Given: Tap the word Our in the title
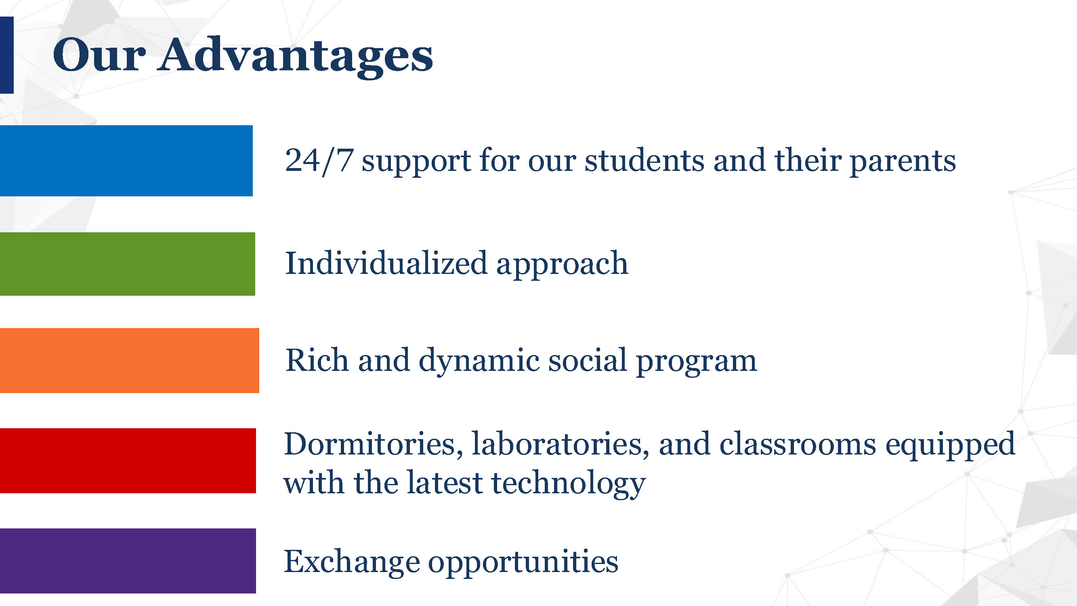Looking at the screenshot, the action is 99,55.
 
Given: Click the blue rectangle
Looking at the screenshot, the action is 126,161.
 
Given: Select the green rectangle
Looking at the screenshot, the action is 128,264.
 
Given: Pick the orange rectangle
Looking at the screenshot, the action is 130,360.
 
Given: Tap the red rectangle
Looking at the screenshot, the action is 128,461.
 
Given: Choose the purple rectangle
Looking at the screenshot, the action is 128,561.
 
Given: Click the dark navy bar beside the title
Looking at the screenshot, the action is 7,55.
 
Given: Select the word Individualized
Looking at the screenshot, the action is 386,263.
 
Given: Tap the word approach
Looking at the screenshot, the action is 562,265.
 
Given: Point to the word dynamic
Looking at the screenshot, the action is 479,362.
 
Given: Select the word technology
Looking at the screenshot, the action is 568,484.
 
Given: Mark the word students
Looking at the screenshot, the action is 644,161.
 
